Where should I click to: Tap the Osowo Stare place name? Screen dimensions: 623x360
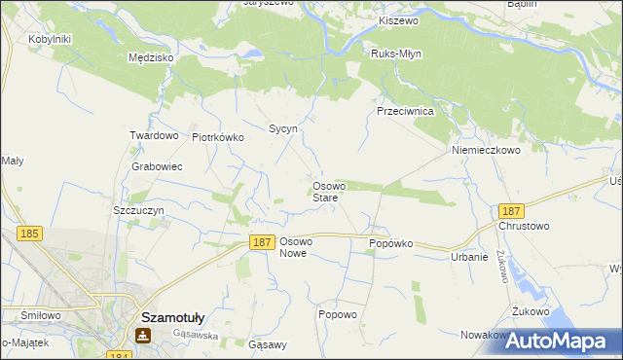point(325,192)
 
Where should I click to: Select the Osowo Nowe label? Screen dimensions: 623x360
point(294,247)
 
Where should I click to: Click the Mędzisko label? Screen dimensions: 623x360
point(151,57)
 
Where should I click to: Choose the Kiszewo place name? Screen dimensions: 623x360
point(397,20)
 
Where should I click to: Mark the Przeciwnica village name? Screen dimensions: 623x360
point(411,112)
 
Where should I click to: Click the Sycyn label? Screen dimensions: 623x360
point(282,128)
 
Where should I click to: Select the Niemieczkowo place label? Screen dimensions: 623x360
point(487,151)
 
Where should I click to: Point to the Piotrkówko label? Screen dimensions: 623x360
point(218,138)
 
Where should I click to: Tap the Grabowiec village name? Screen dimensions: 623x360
point(157,166)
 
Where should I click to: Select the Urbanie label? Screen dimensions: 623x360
point(468,257)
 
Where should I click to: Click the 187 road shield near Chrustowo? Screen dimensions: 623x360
point(511,210)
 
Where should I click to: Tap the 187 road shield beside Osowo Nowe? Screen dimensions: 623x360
point(260,243)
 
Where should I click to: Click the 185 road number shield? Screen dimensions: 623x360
point(29,234)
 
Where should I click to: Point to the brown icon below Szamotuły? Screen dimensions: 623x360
point(143,336)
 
